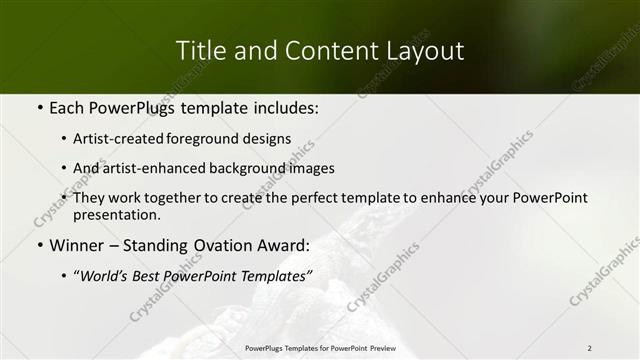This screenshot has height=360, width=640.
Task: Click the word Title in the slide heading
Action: [199, 50]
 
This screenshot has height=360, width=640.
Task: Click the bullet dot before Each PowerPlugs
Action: [39, 108]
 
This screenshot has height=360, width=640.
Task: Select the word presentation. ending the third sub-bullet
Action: [117, 215]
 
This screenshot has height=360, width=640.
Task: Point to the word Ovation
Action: [230, 245]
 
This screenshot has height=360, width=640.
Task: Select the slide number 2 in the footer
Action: [589, 348]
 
